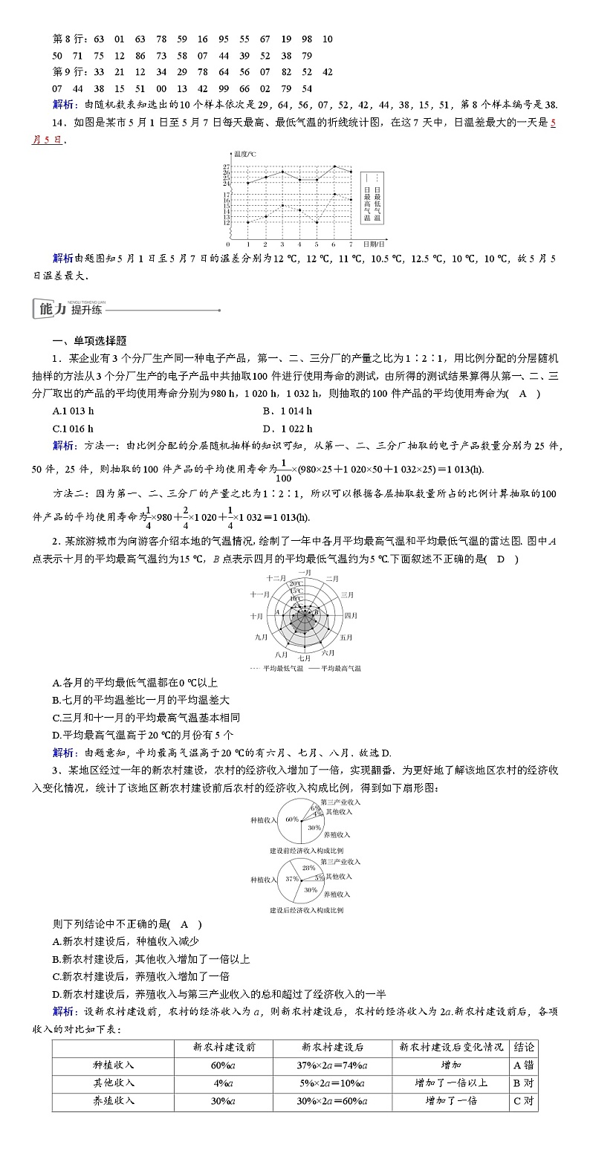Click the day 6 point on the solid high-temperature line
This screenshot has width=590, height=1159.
pos(334,166)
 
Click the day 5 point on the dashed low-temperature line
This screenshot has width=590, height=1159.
pos(317,222)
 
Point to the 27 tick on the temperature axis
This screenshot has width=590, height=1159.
pos(226,166)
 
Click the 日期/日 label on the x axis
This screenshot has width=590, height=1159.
pos(374,244)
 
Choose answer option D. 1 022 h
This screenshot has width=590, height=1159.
pos(287,428)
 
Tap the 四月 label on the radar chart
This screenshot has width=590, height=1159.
pos(351,615)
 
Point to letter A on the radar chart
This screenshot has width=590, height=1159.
pos(277,611)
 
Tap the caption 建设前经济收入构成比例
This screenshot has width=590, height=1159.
pos(306,850)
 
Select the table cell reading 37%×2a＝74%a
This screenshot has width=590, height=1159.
pos(332,1065)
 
